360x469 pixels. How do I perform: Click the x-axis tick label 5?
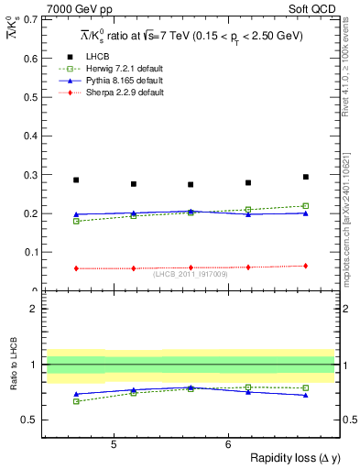pyautogui.click(x=113, y=445)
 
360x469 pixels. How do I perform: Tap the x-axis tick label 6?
pyautogui.click(x=228, y=445)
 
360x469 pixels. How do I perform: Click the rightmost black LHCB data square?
pyautogui.click(x=306, y=177)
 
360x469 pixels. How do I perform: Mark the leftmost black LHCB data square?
pyautogui.click(x=76, y=180)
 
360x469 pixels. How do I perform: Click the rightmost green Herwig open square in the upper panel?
pyautogui.click(x=306, y=206)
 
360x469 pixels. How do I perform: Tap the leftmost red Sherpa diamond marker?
pyautogui.click(x=76, y=268)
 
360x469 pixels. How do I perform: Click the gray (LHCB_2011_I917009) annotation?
pyautogui.click(x=190, y=274)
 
